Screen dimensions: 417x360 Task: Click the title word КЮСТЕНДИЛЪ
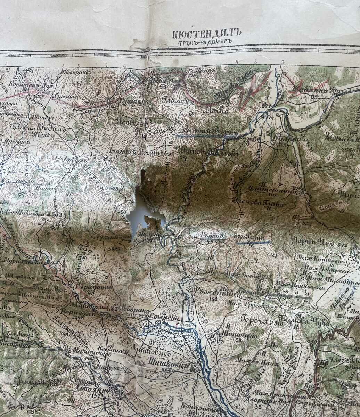206,34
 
